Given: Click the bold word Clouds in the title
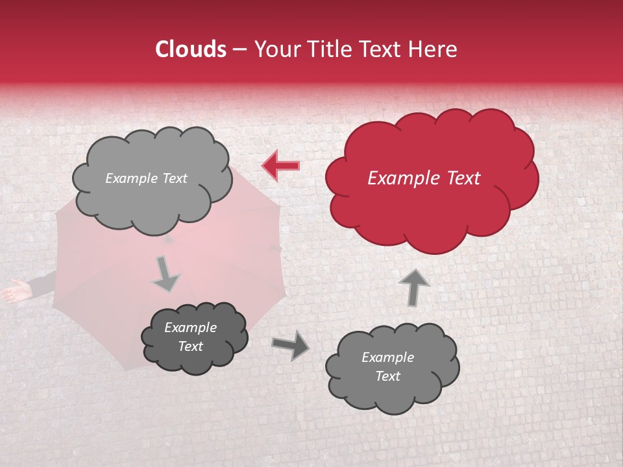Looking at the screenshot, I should coord(191,49).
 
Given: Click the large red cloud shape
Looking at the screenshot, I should coord(432,178).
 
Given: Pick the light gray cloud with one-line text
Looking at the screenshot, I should coord(152,178).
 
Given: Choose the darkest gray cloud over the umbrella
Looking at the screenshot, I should coord(194,337).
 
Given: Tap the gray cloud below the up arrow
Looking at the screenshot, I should coord(392,367).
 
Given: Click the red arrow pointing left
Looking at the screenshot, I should coord(281,166).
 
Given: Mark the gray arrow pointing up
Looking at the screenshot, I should coord(414,287).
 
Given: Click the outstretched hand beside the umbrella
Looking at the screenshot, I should coord(14,291).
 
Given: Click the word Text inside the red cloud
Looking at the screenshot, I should coord(464,178).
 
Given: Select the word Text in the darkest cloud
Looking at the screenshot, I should coord(191,346).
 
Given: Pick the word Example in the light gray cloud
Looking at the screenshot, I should coord(130,178).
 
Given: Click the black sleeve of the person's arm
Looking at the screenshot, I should coord(43,283).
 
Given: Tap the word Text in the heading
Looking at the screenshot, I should coord(382,49).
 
